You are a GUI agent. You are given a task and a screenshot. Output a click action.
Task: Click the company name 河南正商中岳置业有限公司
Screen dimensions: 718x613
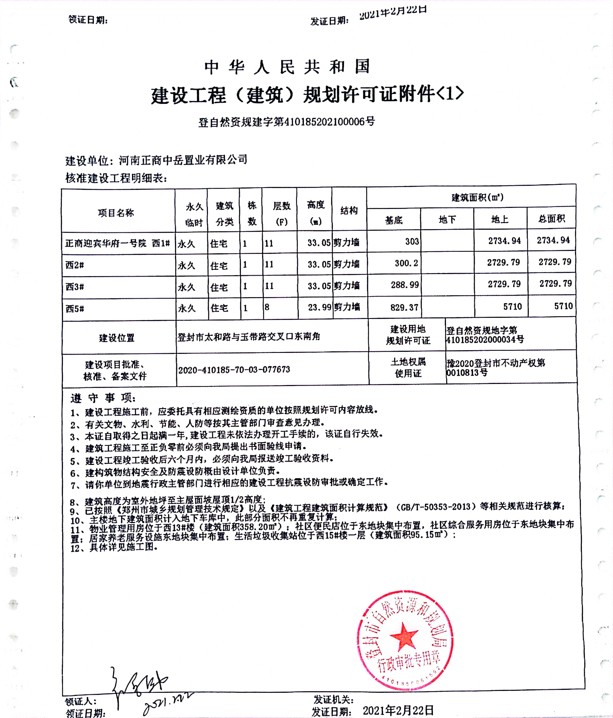coord(183,160)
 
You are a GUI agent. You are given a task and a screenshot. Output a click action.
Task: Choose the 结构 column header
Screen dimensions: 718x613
coord(349,210)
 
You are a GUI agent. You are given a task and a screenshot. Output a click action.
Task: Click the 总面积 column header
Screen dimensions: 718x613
coord(551,219)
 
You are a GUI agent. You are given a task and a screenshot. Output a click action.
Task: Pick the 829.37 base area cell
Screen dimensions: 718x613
coord(404,307)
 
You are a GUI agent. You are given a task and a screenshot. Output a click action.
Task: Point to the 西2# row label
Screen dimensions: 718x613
coord(75,265)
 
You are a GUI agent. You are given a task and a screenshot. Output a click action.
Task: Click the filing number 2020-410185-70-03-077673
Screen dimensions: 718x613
coord(234,370)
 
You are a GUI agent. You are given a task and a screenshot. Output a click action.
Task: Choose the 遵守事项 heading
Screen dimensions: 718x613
coord(103,398)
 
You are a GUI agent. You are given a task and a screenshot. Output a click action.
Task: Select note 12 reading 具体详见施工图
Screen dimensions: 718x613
coord(114,548)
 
